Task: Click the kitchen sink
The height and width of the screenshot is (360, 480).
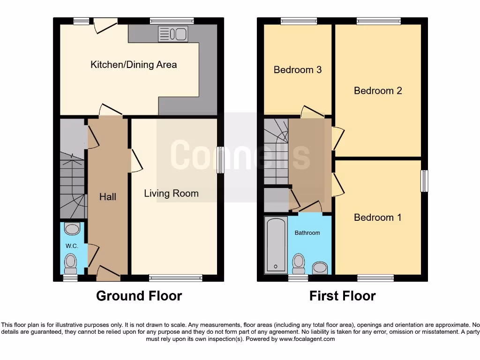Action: click(173, 34)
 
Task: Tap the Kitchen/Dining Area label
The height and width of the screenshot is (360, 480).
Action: click(134, 65)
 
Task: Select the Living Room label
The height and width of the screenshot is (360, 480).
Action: click(171, 193)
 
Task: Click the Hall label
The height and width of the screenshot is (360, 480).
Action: click(108, 197)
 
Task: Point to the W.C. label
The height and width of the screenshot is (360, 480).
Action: click(72, 246)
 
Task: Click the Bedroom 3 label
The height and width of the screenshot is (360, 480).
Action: click(298, 70)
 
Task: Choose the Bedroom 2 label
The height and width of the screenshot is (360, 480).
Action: click(378, 90)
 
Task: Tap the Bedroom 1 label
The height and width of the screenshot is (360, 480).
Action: click(378, 217)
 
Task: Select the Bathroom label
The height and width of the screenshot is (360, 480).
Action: click(307, 233)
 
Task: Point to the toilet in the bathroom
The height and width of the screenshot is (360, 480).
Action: click(298, 263)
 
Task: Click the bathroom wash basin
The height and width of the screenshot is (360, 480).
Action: click(320, 268)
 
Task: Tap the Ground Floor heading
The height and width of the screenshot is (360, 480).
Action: click(139, 296)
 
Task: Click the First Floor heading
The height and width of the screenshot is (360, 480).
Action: click(342, 296)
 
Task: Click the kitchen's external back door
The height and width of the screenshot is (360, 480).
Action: click(105, 25)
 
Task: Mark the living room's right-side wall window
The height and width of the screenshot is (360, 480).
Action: click(220, 160)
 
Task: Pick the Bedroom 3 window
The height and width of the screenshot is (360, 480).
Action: click(299, 21)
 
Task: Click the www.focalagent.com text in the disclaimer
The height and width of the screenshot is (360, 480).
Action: click(307, 339)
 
